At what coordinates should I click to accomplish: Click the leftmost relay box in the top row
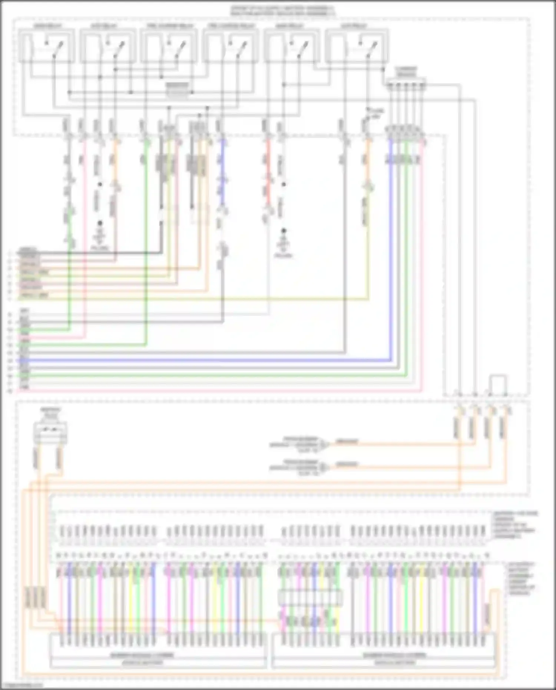pos(46,46)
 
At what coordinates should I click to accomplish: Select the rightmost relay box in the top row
pos(357,46)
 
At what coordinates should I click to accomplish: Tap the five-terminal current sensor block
pos(406,85)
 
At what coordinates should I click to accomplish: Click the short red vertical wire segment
pos(268,174)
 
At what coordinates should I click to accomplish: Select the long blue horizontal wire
pos(208,360)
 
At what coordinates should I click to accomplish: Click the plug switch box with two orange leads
pos(50,432)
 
